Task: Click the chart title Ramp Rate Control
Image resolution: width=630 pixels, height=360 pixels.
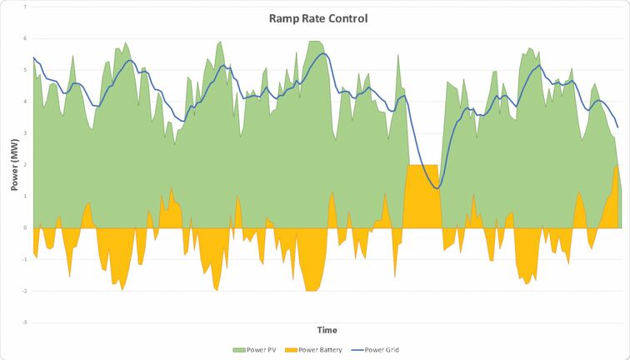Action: [318, 18]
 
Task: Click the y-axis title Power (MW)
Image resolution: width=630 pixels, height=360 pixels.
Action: [14, 164]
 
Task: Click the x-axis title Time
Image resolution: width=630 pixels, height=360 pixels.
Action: [326, 330]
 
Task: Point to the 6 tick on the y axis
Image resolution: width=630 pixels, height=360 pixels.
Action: [25, 38]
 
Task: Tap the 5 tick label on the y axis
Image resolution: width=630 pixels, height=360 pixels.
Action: [25, 70]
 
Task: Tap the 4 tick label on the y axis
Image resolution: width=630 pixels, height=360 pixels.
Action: [25, 102]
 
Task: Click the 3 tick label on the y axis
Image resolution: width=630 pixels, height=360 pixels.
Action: [25, 133]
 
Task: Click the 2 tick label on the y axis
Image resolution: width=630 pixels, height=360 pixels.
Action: [25, 165]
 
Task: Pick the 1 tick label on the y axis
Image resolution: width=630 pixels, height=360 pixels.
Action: [25, 196]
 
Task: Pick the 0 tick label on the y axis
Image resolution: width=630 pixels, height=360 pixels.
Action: [25, 227]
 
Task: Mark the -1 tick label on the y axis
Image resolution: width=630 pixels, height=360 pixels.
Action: [24, 259]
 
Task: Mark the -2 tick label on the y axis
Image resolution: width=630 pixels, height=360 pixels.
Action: [24, 291]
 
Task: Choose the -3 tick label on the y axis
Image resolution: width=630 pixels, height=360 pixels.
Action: [24, 322]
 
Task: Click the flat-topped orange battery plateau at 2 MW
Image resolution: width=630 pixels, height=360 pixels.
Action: [422, 196]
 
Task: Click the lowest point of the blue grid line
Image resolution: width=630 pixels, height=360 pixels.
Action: [437, 188]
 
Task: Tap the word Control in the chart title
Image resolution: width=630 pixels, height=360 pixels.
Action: [347, 18]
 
